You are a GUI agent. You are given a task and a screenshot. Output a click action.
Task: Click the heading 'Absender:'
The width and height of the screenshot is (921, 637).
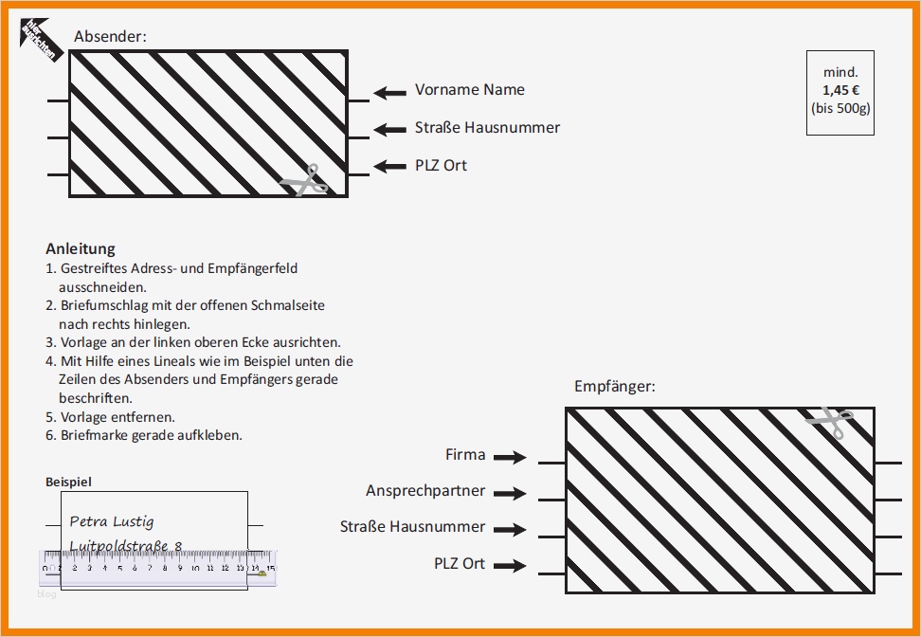[110, 37]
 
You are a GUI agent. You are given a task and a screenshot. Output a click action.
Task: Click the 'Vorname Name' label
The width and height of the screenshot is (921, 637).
[469, 90]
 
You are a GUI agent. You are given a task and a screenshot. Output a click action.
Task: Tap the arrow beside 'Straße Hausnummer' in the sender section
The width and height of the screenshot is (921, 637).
[389, 129]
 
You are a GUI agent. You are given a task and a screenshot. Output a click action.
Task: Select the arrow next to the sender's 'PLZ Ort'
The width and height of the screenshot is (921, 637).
[389, 166]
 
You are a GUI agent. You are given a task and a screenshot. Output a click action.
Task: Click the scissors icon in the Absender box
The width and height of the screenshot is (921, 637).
[305, 179]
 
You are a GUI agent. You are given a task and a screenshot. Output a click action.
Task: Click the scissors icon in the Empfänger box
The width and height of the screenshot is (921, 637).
[831, 422]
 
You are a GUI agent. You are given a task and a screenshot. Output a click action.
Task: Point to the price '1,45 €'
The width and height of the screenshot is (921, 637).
[840, 90]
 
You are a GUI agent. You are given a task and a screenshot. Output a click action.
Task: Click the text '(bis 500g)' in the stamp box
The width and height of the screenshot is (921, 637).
[840, 107]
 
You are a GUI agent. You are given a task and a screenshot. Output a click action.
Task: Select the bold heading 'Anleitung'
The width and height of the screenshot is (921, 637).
[81, 248]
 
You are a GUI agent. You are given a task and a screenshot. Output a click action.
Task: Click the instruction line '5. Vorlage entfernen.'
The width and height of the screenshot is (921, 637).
[110, 416]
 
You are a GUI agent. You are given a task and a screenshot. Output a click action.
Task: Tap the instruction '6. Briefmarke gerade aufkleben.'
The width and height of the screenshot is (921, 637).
[144, 435]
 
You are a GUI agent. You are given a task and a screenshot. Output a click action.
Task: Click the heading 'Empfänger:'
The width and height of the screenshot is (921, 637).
[614, 386]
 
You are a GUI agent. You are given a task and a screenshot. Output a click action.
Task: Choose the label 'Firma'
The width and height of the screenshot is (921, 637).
[465, 455]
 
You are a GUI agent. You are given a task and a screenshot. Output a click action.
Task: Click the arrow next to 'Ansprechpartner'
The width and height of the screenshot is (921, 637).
[510, 493]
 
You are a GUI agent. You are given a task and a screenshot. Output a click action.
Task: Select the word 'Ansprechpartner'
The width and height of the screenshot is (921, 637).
[425, 491]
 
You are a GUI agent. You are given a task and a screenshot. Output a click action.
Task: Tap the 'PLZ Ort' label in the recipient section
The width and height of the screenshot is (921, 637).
[460, 563]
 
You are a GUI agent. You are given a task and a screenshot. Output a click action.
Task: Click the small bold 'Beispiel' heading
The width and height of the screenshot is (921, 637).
[69, 482]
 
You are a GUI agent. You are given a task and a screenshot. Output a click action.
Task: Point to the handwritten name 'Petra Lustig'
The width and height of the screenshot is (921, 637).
[112, 521]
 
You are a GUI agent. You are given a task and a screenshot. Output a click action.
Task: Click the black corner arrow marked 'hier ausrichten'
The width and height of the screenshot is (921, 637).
[41, 39]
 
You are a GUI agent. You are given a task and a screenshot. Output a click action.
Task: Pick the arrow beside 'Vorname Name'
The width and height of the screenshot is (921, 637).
[389, 92]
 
